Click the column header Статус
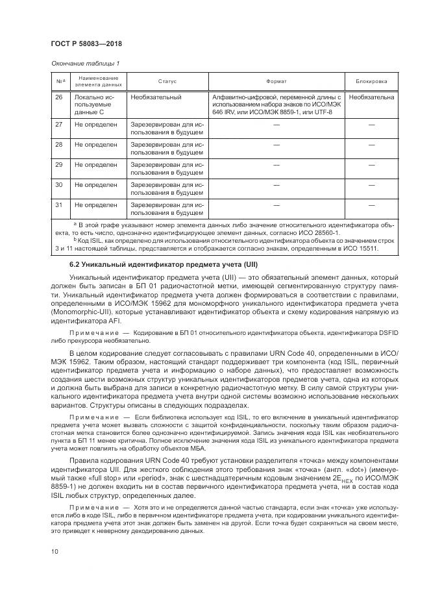click(x=167, y=82)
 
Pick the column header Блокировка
click(x=371, y=82)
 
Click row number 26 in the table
click(x=59, y=97)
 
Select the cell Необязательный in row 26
click(x=156, y=97)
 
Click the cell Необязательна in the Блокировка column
click(x=371, y=97)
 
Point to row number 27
click(x=59, y=123)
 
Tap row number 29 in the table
click(x=59, y=165)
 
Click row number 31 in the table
click(x=59, y=205)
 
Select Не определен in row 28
click(x=96, y=144)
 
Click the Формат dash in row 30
click(x=276, y=185)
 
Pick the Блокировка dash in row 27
click(x=371, y=123)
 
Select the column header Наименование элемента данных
click(x=98, y=82)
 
